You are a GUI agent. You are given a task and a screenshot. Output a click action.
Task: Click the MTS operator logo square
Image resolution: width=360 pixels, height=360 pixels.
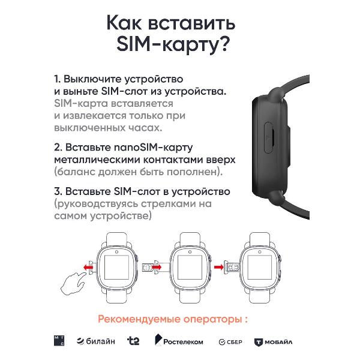pos(59,341)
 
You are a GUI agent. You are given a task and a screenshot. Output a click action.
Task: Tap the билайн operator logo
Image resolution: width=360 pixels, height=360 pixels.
pos(96,341)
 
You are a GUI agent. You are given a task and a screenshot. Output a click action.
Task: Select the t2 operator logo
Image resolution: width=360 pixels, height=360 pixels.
pos(133,341)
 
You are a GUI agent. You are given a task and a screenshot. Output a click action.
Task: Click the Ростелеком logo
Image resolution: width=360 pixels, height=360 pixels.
pos(179,340)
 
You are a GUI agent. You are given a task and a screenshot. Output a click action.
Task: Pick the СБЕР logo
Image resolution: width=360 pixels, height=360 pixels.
pos(230,342)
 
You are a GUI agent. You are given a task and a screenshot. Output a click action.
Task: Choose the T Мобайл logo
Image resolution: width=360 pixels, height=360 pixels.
pos(273,342)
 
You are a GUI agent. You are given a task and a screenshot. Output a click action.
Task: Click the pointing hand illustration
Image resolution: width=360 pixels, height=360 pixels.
pos(73,283)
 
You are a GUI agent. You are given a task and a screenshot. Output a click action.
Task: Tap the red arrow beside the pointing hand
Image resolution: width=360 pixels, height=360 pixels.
pos(88,267)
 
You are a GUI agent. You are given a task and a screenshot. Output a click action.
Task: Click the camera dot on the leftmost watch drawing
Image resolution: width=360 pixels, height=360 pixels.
pos(116,252)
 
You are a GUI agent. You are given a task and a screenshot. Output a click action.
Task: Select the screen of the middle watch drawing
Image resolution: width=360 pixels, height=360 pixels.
pos(190,268)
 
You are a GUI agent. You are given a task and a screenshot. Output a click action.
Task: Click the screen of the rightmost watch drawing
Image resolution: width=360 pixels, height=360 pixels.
pos(260,268)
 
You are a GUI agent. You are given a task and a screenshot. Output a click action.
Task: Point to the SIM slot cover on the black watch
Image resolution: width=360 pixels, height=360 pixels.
pos(269,137)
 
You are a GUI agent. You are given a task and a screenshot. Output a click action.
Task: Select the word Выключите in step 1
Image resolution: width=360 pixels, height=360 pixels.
pos(92,79)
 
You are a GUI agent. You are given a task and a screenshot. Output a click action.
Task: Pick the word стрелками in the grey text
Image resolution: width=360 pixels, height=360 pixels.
pos(168,203)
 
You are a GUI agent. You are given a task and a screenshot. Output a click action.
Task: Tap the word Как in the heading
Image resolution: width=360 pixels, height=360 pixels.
pos(124,23)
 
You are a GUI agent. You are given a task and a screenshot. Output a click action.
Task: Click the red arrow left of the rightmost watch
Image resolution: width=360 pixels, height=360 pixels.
pos(218,267)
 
